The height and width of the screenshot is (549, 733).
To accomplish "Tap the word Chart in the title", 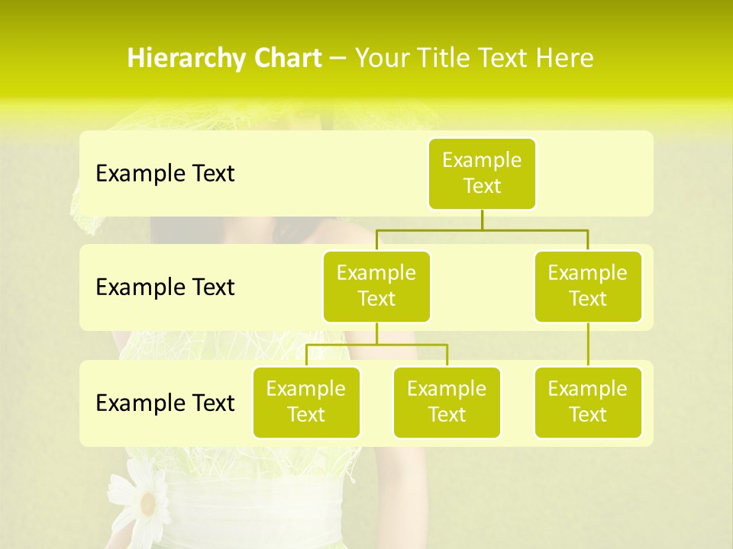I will [x=287, y=59].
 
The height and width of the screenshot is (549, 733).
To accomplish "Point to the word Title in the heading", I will [x=457, y=59].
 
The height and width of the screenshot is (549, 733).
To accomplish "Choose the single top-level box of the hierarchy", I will [x=482, y=173].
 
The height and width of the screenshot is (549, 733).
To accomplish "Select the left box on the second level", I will [x=376, y=286].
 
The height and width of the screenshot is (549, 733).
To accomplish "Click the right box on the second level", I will [x=588, y=286].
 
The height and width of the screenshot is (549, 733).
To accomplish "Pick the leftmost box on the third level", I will [x=306, y=402].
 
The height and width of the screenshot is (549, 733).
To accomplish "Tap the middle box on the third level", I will [x=447, y=402].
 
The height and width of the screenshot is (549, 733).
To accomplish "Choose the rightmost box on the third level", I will [x=588, y=402].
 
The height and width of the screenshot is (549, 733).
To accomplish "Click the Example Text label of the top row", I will [x=165, y=173].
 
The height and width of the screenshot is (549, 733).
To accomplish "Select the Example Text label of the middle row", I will [x=165, y=287].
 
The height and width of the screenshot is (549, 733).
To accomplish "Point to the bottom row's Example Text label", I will [x=165, y=403].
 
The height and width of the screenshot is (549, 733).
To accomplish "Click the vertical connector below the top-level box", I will [x=482, y=220].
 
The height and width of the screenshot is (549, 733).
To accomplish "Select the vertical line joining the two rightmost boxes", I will [x=588, y=345].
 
